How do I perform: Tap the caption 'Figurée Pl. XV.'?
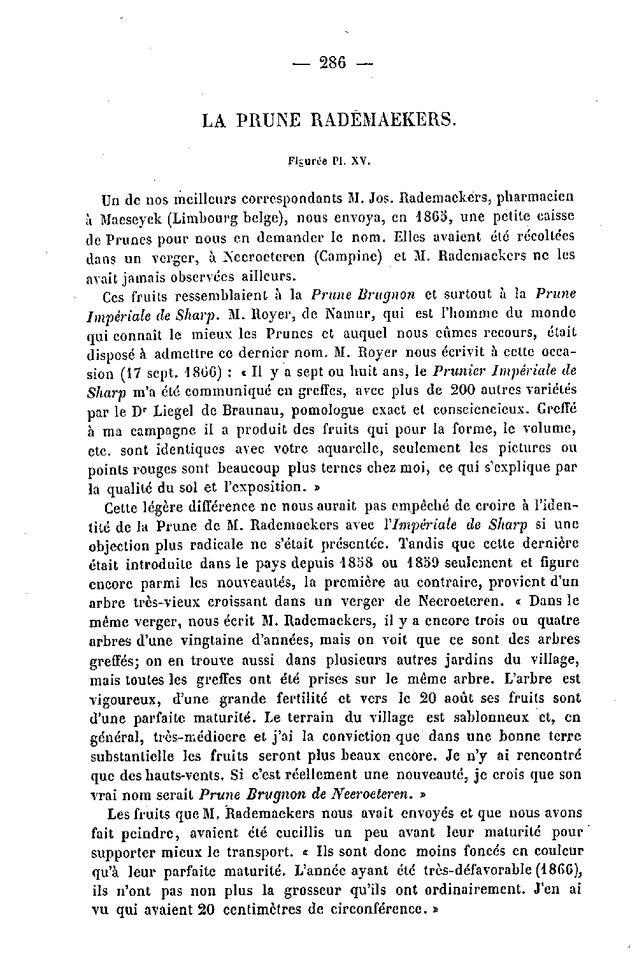click(x=329, y=162)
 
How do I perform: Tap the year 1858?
click(x=352, y=563)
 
